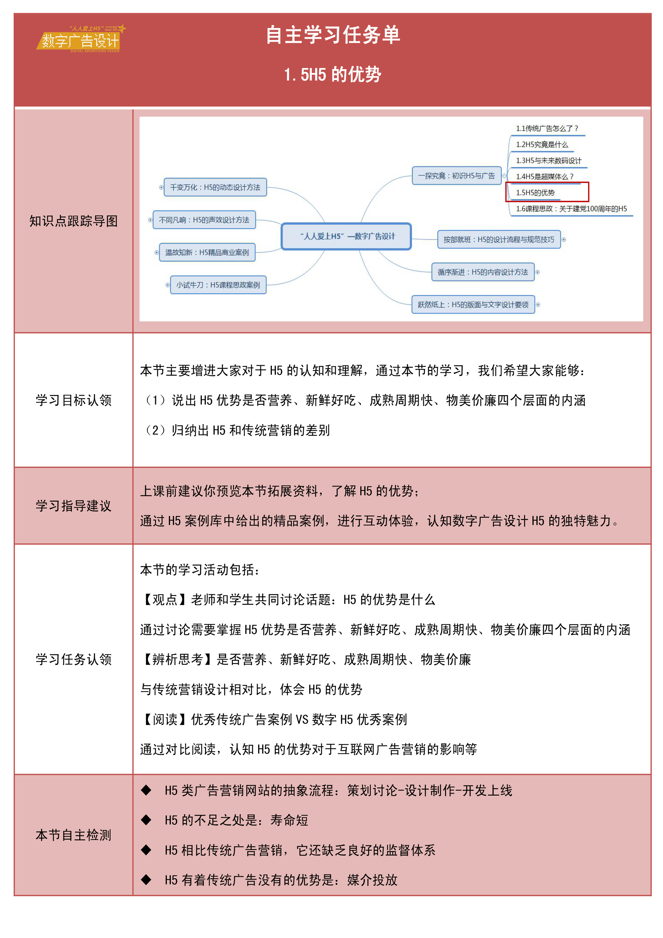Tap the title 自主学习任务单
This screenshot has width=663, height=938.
[x=333, y=35]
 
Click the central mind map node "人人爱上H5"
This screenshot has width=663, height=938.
[x=346, y=236]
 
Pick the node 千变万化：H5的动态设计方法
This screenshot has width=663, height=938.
[x=215, y=187]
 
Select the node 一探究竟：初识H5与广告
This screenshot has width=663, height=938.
[x=456, y=176]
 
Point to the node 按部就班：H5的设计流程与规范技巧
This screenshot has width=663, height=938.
[x=499, y=239]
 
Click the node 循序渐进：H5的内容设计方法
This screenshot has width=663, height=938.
[x=483, y=272]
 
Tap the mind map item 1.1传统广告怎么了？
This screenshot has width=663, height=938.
[x=547, y=128]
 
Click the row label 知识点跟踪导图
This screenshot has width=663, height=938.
[x=74, y=221]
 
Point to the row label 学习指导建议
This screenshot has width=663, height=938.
[x=74, y=506]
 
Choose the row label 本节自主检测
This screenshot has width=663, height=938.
[x=74, y=835]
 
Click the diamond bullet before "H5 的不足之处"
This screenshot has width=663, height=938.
[x=146, y=820]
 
